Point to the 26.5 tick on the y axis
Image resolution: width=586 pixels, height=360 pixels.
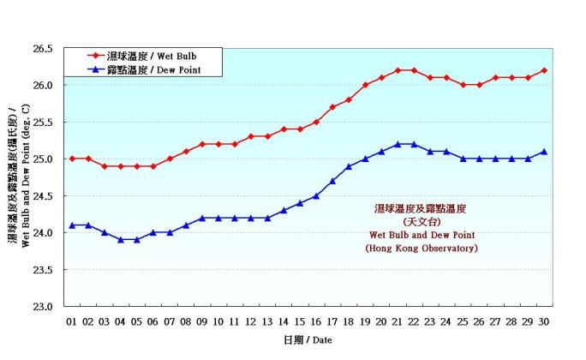[x=42, y=49]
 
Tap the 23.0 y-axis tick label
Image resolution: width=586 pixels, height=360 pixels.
[x=42, y=306]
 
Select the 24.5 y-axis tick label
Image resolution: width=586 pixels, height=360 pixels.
[x=42, y=196]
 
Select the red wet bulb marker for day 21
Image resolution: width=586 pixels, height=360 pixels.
[x=398, y=70]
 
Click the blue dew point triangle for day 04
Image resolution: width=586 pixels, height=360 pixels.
[x=121, y=239]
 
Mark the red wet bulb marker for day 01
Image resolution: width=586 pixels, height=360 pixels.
[x=72, y=159]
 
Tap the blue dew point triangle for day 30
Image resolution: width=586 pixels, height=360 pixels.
[x=544, y=152]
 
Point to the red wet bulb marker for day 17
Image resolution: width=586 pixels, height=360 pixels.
[x=332, y=107]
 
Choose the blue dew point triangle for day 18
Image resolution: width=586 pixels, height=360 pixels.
[x=349, y=166]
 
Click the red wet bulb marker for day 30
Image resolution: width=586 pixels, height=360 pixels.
[x=544, y=70]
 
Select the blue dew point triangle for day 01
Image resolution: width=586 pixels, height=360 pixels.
[x=72, y=225]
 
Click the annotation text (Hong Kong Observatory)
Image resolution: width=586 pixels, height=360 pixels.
[x=422, y=249]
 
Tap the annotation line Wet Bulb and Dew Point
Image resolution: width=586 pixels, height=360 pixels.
[x=422, y=235]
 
